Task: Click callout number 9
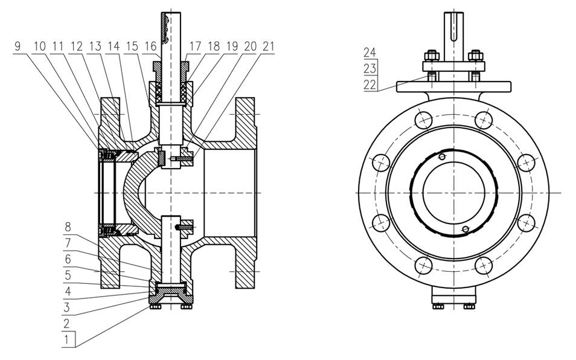(x=18, y=46)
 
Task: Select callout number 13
(x=94, y=46)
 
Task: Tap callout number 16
(x=150, y=46)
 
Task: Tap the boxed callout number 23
(x=370, y=68)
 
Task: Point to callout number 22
(x=370, y=85)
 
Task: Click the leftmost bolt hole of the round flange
(x=380, y=162)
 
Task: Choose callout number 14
(x=114, y=46)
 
